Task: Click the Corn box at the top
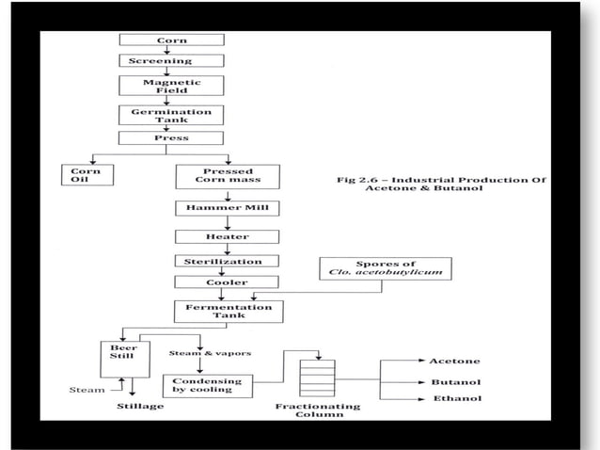[x=171, y=40]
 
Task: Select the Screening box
[x=171, y=61]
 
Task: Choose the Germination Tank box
[x=171, y=116]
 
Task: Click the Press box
[x=171, y=138]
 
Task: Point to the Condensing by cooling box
[x=199, y=386]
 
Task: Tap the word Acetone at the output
[x=454, y=361]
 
